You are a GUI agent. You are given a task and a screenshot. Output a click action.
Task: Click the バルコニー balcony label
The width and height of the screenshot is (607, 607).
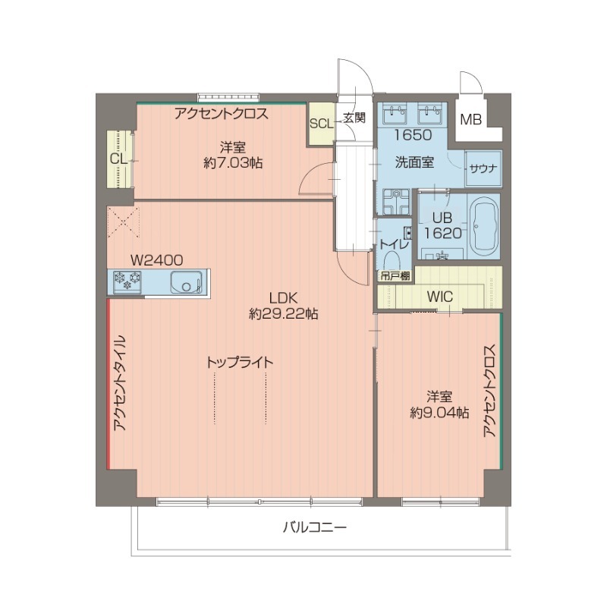click(x=315, y=527)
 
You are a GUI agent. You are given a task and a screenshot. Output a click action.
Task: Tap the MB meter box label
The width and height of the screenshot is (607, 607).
click(x=472, y=119)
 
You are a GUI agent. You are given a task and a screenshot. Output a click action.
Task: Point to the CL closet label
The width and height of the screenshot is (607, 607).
click(x=118, y=159)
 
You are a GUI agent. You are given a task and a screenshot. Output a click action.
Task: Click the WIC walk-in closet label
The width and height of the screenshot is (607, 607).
click(x=439, y=297)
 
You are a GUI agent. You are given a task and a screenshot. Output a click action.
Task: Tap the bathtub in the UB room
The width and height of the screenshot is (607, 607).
click(x=483, y=227)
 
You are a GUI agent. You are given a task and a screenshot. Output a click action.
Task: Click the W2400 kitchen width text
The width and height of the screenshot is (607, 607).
click(x=156, y=259)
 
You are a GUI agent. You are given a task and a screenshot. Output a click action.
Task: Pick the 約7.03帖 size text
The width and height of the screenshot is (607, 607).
click(x=233, y=162)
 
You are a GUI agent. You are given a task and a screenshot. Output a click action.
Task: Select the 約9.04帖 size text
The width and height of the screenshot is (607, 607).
click(x=439, y=413)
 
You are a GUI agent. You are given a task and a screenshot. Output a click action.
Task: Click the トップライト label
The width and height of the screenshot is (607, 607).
click(x=240, y=362)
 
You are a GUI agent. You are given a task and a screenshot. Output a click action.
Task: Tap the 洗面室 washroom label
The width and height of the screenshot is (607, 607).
click(x=414, y=162)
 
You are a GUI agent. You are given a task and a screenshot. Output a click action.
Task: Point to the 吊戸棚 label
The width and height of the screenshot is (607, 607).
click(x=395, y=276)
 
